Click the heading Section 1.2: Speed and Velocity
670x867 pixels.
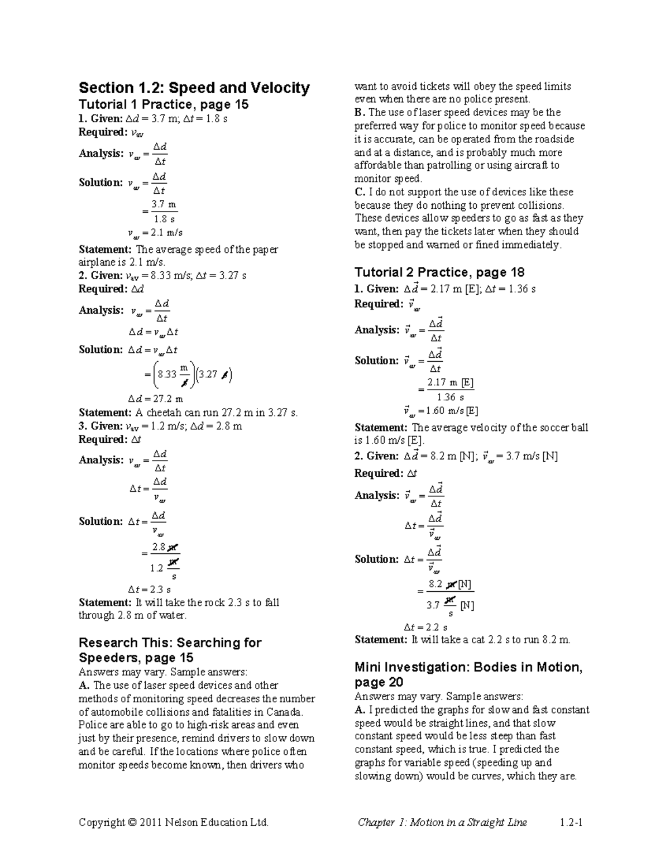[194, 88]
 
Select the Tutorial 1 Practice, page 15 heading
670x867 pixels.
[164, 104]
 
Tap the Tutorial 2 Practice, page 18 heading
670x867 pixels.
[439, 272]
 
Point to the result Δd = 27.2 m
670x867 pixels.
[155, 399]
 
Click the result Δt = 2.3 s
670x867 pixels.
[149, 589]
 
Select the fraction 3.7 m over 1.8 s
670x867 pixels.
[165, 212]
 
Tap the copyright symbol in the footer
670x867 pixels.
[132, 822]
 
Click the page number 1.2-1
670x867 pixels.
[571, 822]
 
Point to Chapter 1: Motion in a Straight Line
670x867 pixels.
[442, 822]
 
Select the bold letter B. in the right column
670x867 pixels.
[360, 113]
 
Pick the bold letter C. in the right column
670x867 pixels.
[360, 192]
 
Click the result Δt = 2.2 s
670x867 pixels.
[425, 627]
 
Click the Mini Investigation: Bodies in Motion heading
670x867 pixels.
[468, 668]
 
